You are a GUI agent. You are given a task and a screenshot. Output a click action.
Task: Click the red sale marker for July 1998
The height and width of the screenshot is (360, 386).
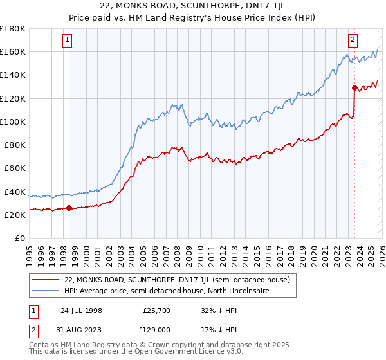[69, 208]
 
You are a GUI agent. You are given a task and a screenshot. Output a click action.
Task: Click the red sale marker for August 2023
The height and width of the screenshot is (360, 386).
[354, 87]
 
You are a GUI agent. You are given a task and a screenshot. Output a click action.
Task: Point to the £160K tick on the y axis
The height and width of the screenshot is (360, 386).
[13, 51]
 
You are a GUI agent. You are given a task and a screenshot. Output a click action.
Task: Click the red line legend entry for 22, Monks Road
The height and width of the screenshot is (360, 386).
[177, 280]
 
